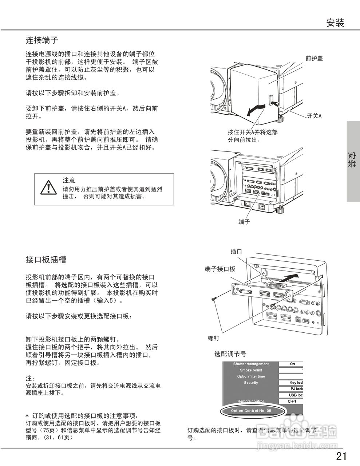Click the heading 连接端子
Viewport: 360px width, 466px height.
tap(42, 40)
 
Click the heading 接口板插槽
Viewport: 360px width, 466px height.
tap(46, 260)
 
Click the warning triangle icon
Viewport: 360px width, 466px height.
tap(47, 187)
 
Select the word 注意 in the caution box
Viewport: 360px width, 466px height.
tap(69, 180)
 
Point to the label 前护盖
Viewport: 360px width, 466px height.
tap(314, 58)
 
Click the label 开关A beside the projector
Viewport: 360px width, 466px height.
tap(314, 116)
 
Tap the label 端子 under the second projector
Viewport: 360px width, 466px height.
tap(244, 222)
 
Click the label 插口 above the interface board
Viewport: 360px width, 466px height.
tap(236, 251)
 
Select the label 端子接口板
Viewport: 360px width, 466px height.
tap(220, 269)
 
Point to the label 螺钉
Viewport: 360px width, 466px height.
tap(214, 338)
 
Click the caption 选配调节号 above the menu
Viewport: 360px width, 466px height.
tap(230, 354)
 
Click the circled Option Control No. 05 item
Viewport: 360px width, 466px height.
tap(251, 411)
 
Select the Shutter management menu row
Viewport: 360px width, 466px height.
tap(251, 364)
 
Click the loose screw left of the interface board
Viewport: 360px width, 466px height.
tap(214, 299)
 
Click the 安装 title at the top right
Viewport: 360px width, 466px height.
tap(335, 23)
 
